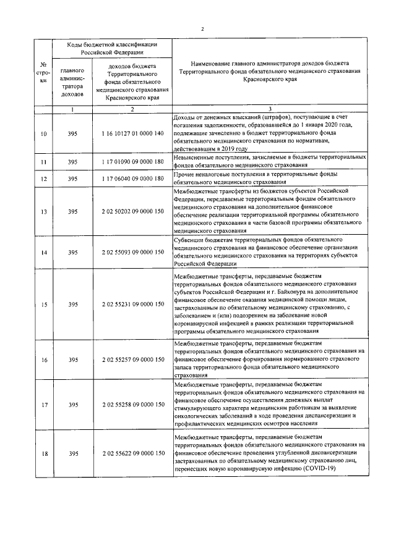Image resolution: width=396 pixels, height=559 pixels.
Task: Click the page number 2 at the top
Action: point(202,29)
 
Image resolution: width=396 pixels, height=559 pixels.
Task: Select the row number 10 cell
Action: point(43,133)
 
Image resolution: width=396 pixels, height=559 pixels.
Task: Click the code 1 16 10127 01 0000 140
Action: point(133,133)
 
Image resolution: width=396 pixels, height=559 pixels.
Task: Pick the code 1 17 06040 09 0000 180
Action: point(133,179)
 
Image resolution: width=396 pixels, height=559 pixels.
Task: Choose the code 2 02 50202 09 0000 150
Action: point(133,211)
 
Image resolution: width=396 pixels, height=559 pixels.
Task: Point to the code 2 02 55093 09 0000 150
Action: point(133,252)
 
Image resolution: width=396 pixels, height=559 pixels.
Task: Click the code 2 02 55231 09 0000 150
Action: point(133,304)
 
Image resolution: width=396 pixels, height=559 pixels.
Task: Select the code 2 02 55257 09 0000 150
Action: point(133,359)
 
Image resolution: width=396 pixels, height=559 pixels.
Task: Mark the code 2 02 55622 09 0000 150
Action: point(133,454)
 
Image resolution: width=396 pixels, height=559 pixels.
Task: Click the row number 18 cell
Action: point(43,454)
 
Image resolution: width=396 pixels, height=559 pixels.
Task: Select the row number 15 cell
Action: point(43,304)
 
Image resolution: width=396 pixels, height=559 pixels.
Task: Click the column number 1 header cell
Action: point(72,109)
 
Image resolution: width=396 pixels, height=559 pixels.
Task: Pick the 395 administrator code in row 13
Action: point(72,211)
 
